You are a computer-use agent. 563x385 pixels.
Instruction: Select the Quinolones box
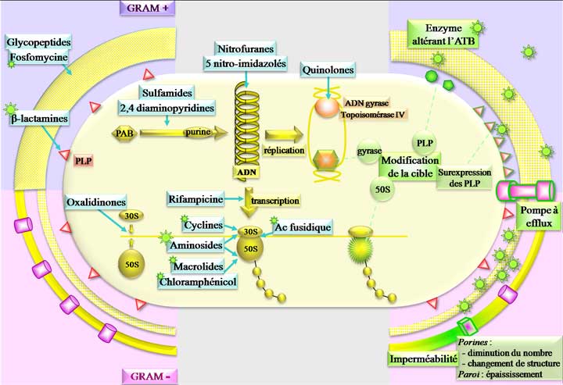(328, 70)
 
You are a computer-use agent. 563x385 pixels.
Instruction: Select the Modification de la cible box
(410, 166)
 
